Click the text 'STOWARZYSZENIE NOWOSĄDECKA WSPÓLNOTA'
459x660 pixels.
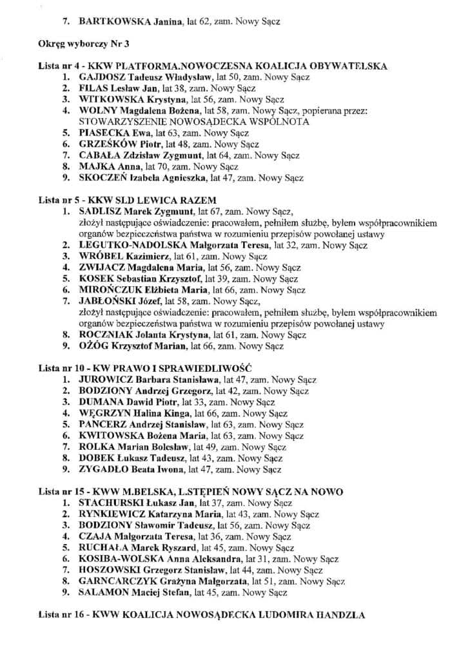coord(193,121)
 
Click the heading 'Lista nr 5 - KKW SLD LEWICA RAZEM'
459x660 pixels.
coord(127,199)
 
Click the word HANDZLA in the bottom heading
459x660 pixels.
coord(337,615)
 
